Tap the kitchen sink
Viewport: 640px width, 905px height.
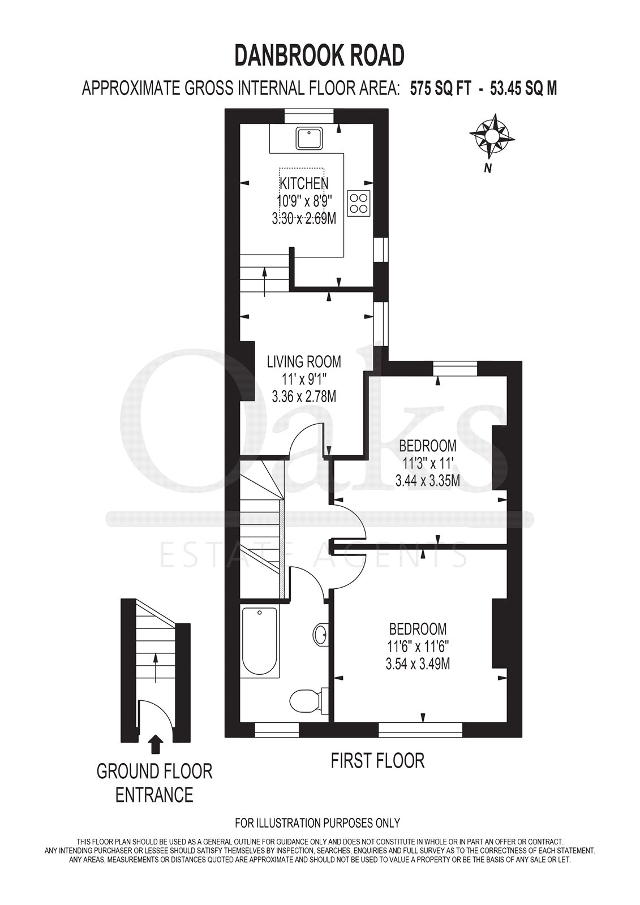[x=310, y=138]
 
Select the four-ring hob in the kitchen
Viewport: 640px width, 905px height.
[x=359, y=202]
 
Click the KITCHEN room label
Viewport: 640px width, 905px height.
[x=304, y=183]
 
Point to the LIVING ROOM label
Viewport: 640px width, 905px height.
[x=304, y=361]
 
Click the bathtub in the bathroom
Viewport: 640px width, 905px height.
[x=260, y=641]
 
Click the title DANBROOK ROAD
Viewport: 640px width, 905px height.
[x=319, y=55]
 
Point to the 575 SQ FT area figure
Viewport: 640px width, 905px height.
[x=441, y=88]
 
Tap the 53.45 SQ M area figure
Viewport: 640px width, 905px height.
[x=523, y=88]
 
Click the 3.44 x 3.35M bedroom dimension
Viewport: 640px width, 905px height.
[x=427, y=481]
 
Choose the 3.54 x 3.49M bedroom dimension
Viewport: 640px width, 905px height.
[x=418, y=664]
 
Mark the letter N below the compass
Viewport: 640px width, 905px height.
[x=488, y=169]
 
